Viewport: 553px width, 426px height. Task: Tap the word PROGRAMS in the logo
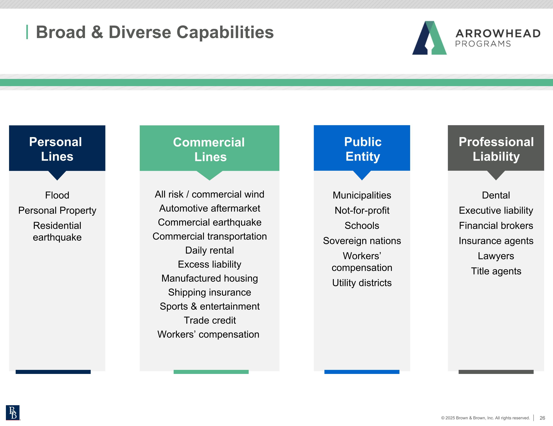483,44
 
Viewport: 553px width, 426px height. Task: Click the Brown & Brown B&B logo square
13,413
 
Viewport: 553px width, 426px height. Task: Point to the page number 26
542,418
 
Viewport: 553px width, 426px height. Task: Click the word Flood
57,195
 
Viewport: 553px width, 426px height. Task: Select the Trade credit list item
210,320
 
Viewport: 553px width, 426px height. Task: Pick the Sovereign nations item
362,241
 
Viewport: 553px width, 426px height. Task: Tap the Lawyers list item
496,256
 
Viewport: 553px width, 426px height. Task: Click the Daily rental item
210,250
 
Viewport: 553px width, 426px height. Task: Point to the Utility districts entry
362,283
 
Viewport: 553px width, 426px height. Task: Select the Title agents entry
496,271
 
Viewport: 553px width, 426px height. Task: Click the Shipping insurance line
210,292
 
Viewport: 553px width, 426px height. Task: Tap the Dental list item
496,195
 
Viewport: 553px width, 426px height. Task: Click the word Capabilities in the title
225,32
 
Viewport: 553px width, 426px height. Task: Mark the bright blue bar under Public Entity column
362,372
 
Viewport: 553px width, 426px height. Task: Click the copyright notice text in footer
485,418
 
